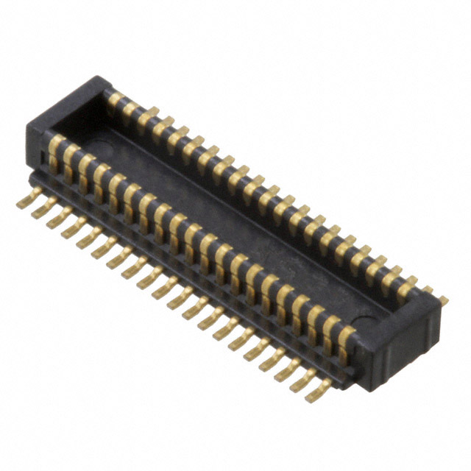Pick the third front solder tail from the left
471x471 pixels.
(53, 220)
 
